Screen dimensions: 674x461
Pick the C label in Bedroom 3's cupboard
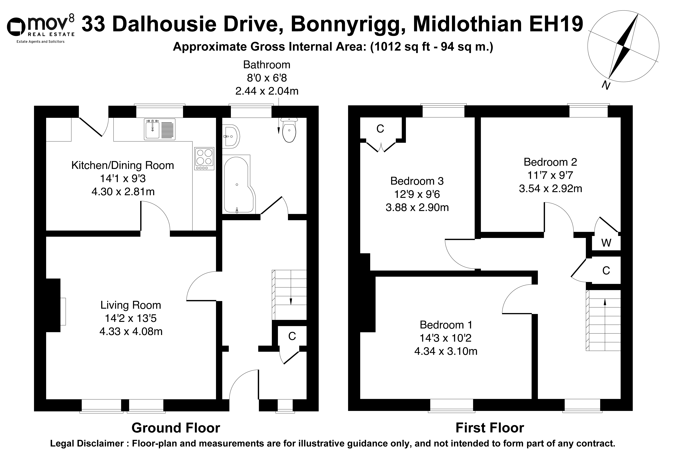pos(380,129)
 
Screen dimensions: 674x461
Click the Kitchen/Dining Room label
pos(123,165)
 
